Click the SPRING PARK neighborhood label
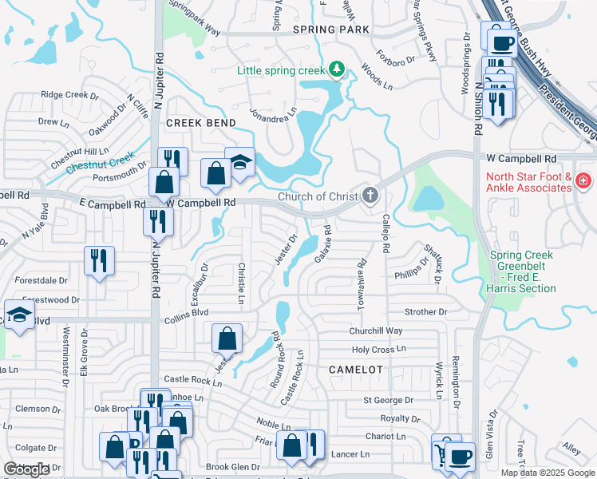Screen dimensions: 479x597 (330, 30)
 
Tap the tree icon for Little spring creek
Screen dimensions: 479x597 (338, 70)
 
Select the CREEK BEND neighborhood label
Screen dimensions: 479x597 (200, 123)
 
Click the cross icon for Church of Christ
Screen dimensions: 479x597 (370, 195)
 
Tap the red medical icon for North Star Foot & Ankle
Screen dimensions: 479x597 (584, 181)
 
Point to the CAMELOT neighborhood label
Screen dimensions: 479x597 (356, 370)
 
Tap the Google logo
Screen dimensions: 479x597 (26, 469)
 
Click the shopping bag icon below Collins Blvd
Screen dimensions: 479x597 (227, 338)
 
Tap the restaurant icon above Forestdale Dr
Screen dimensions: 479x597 (100, 261)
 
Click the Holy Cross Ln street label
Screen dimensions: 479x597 (379, 350)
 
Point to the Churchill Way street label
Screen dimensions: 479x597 (375, 331)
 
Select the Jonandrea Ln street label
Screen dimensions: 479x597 (272, 113)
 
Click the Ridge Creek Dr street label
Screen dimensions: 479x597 (69, 94)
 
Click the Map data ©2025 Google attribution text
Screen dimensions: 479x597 (547, 473)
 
